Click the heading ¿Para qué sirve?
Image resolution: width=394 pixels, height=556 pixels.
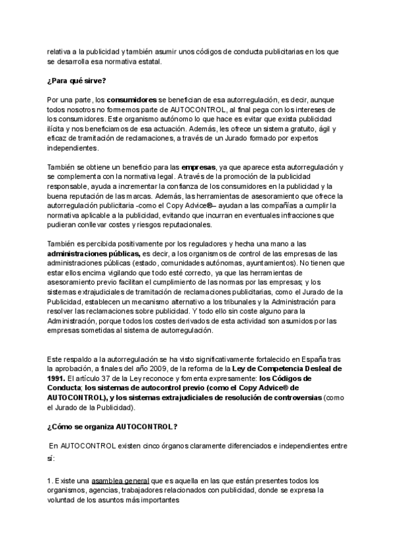point(77,81)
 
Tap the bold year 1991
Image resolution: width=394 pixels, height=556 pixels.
point(56,378)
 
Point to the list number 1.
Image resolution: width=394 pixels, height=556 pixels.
point(49,481)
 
